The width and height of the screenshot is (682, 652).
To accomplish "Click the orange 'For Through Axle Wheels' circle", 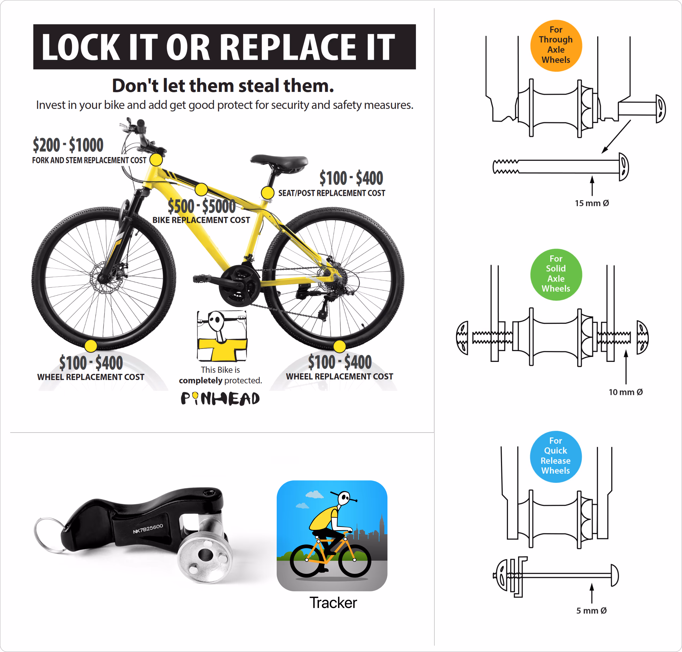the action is tap(556, 46).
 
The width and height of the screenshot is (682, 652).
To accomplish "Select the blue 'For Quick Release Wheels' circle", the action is tap(556, 456).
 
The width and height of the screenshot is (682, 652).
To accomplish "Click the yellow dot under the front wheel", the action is tap(91, 346).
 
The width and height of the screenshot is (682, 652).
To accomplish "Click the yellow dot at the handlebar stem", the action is tap(156, 160).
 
